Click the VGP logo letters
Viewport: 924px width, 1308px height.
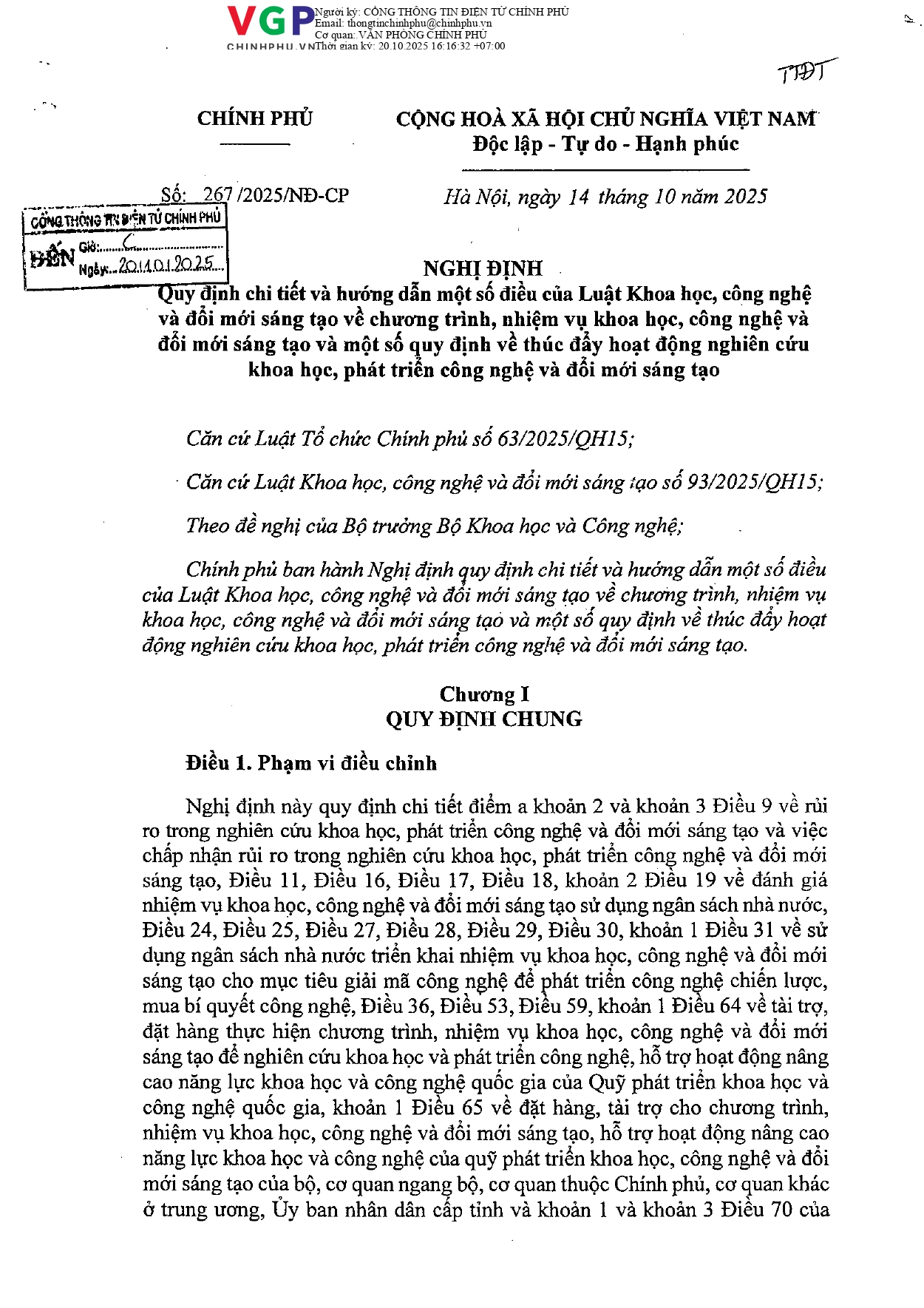coord(271,21)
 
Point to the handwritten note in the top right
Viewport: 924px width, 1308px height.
coord(805,72)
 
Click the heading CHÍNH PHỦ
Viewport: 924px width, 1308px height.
coord(255,118)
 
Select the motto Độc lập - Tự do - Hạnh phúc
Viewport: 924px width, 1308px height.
coord(605,144)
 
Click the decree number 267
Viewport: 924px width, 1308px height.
coord(218,195)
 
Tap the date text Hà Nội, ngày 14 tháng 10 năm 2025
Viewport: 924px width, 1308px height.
coord(605,197)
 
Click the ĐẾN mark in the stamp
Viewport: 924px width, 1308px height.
coord(52,257)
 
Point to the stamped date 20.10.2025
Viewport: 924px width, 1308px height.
coord(170,265)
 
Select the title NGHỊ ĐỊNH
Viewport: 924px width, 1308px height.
coord(483,268)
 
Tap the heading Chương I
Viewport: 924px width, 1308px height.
coord(484,694)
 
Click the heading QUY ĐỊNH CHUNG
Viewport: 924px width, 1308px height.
coord(484,719)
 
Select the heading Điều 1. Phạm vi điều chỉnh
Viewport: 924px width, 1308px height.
coord(311,763)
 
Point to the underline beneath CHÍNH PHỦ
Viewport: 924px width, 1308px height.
coord(255,143)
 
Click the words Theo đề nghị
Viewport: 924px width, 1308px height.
coord(232,526)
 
